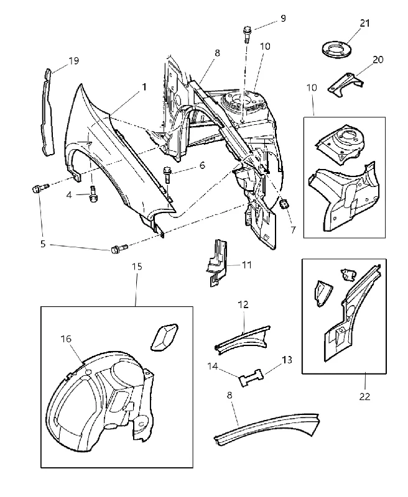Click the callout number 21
(x=364, y=23)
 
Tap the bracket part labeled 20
(x=345, y=84)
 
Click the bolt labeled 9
(x=247, y=34)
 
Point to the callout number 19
(x=73, y=60)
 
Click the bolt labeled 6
(x=167, y=175)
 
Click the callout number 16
(x=66, y=339)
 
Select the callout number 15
(x=137, y=267)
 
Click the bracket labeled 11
(x=216, y=262)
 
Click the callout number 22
(x=364, y=396)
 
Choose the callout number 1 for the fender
(x=144, y=86)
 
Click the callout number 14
(x=213, y=366)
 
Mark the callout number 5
(x=43, y=244)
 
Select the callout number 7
(x=293, y=230)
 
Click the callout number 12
(x=243, y=304)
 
